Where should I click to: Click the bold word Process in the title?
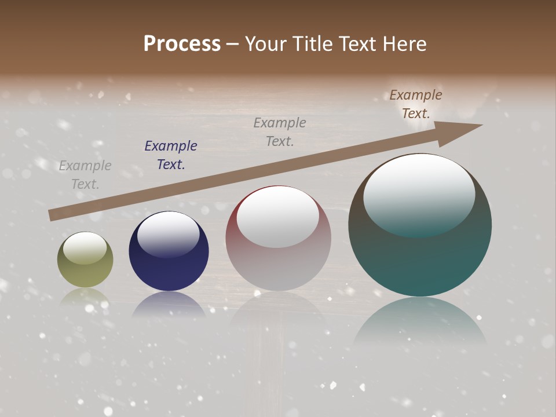tap(182, 43)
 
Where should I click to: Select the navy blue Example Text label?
tap(171, 155)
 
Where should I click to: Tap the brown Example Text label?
tap(416, 104)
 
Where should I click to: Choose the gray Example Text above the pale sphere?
tap(280, 131)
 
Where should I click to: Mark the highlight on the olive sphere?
tap(85, 247)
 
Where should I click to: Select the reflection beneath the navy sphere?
tap(169, 305)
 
